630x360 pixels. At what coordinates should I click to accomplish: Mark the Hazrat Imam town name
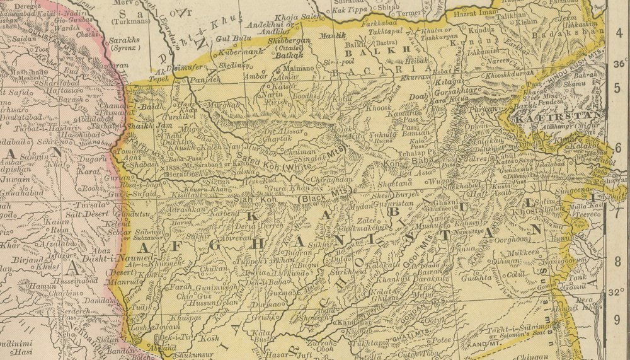click(x=472, y=13)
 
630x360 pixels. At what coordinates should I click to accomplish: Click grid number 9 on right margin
click(x=618, y=319)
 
